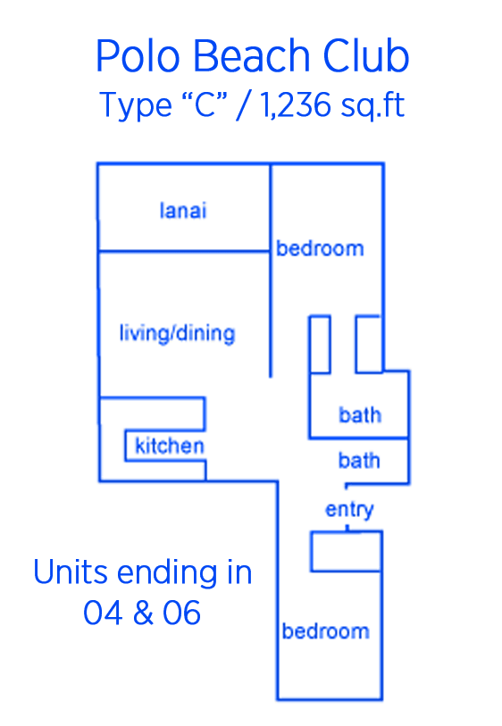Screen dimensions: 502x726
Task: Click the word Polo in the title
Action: [137, 55]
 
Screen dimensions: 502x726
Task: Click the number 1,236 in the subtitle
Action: [295, 104]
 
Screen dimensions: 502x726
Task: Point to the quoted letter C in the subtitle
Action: [205, 104]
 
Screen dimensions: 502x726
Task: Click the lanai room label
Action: [183, 210]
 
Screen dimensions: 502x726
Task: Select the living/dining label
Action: [178, 333]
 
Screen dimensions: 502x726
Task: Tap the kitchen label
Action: [170, 446]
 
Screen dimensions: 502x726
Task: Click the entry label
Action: [349, 510]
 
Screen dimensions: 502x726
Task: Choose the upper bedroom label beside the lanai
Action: [320, 248]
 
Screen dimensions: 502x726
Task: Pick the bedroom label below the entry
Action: [326, 631]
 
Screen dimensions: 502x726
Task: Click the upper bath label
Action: [360, 415]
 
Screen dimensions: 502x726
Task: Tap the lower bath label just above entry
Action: [359, 460]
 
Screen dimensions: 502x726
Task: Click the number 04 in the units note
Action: [103, 613]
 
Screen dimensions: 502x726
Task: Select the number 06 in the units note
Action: [181, 613]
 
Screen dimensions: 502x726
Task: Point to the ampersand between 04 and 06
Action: [143, 613]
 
